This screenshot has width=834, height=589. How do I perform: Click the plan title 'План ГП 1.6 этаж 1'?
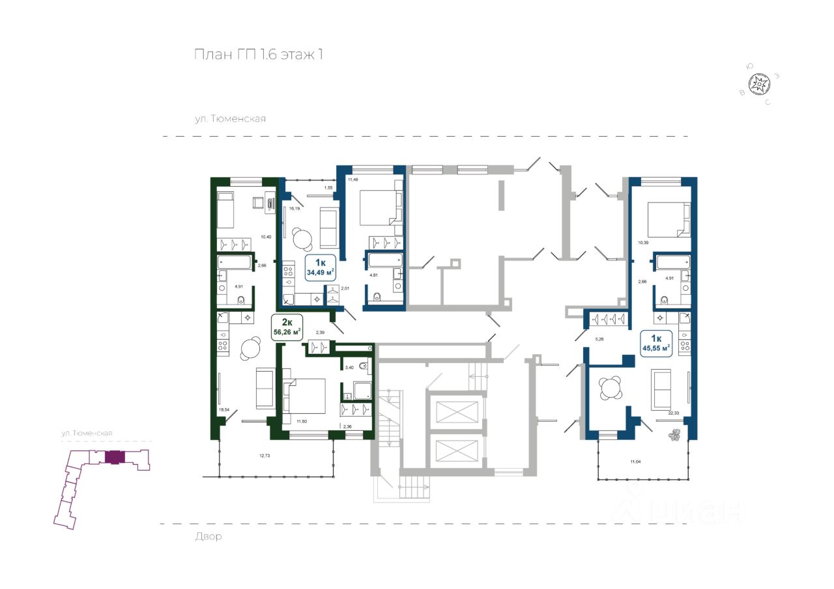259,55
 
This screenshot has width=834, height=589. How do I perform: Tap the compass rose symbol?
759,85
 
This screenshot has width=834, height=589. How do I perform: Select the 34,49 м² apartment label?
320,266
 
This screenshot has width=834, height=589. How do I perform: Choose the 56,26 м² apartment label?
287,327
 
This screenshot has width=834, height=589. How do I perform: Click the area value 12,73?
265,455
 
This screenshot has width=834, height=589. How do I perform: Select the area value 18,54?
224,409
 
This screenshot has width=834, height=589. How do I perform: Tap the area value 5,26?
601,338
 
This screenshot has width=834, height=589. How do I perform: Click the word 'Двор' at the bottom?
208,537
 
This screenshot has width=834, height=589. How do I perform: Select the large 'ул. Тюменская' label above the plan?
230,119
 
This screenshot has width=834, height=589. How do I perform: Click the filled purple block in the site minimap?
114,457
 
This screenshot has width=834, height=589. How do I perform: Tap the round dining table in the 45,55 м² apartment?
611,389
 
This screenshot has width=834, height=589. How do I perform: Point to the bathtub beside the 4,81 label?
385,262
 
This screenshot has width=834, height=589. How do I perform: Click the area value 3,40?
349,368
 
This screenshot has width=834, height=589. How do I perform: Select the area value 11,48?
354,180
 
